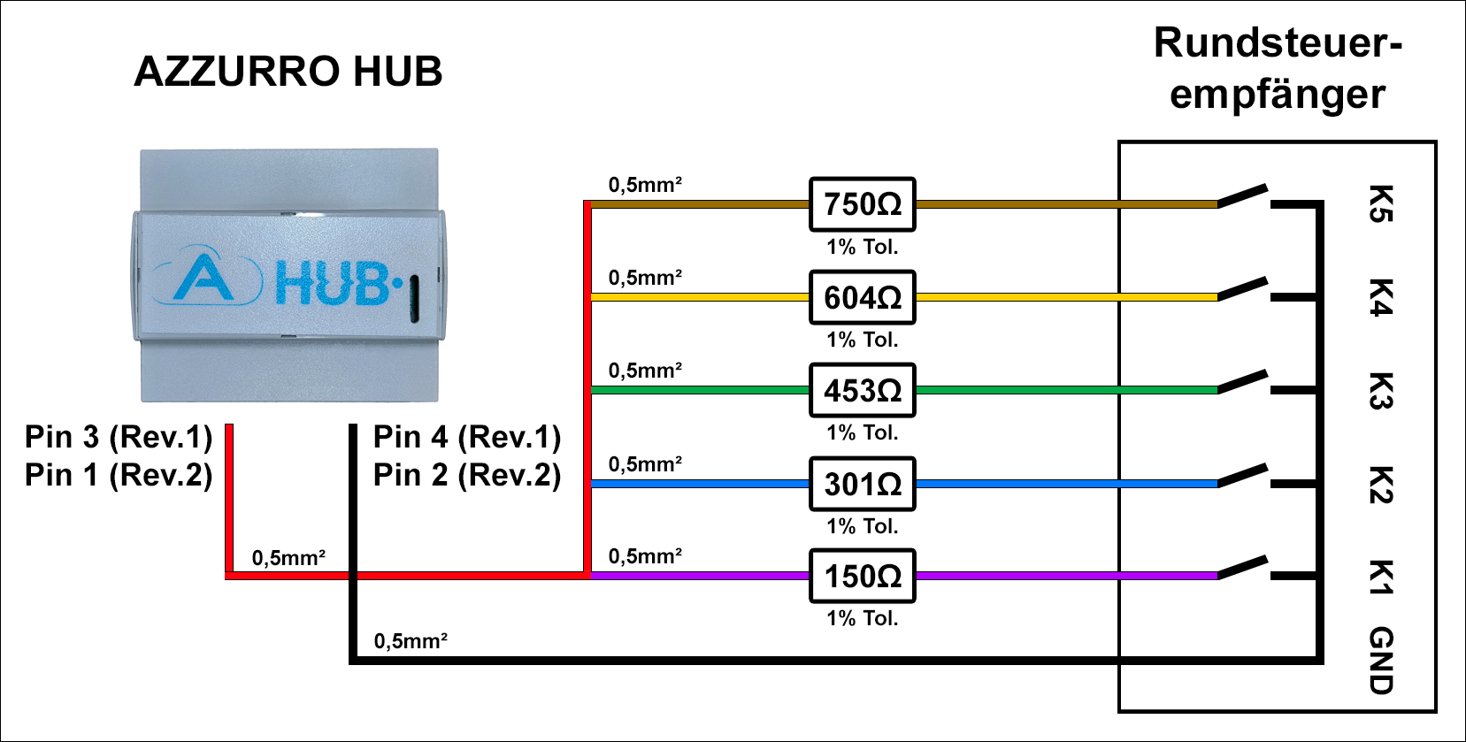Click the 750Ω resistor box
tap(863, 204)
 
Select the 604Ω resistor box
tap(863, 298)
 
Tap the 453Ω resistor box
tap(863, 390)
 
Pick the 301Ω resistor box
tap(863, 484)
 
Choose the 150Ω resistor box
tap(863, 577)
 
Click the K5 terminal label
tap(1381, 203)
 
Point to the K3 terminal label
tap(1381, 391)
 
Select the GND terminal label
tap(1381, 660)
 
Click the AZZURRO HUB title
tap(288, 72)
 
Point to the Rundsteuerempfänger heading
tap(1278, 68)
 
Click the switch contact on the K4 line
tap(1243, 288)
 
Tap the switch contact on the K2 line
tap(1243, 475)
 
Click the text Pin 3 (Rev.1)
tap(119, 437)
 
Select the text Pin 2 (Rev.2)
tap(467, 476)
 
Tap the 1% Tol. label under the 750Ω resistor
tap(863, 248)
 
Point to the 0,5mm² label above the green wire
tap(645, 371)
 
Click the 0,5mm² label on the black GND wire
tap(411, 641)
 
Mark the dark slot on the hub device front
tap(413, 297)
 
